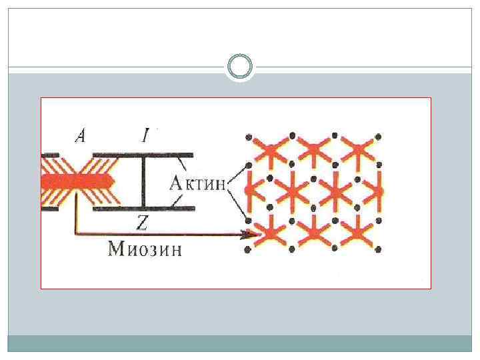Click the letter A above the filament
[x=80, y=136]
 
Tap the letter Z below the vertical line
[x=141, y=223]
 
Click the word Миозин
[x=144, y=250]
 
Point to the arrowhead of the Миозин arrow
[x=252, y=233]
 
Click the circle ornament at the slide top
[x=240, y=67]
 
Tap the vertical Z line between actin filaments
[x=141, y=181]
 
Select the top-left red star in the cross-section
[x=269, y=151]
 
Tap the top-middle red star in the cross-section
[x=313, y=151]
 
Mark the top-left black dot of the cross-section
[x=248, y=137]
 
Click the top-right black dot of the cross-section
[x=378, y=137]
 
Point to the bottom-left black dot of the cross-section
[x=248, y=250]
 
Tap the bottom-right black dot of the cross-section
[x=378, y=250]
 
